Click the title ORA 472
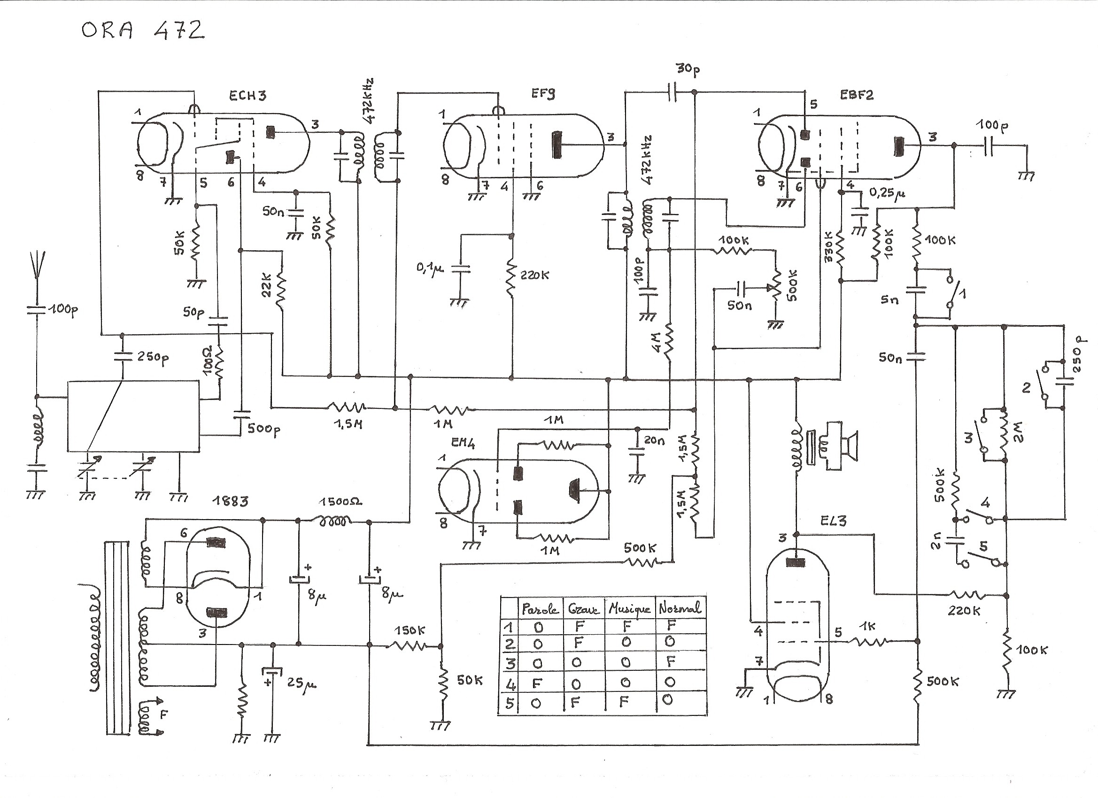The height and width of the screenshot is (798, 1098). (143, 31)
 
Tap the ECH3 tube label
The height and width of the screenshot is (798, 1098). (247, 95)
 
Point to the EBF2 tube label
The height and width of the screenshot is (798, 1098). (857, 95)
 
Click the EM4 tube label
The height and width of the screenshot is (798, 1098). (463, 443)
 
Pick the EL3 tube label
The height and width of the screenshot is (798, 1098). (833, 521)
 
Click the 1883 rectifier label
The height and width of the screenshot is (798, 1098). (231, 501)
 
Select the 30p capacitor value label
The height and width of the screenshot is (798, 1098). (688, 69)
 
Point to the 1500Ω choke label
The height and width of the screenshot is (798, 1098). (340, 502)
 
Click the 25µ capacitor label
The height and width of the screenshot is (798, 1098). (301, 683)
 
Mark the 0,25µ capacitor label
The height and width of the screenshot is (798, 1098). (887, 193)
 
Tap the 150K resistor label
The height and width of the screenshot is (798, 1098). (409, 630)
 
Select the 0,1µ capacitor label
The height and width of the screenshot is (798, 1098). (429, 268)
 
